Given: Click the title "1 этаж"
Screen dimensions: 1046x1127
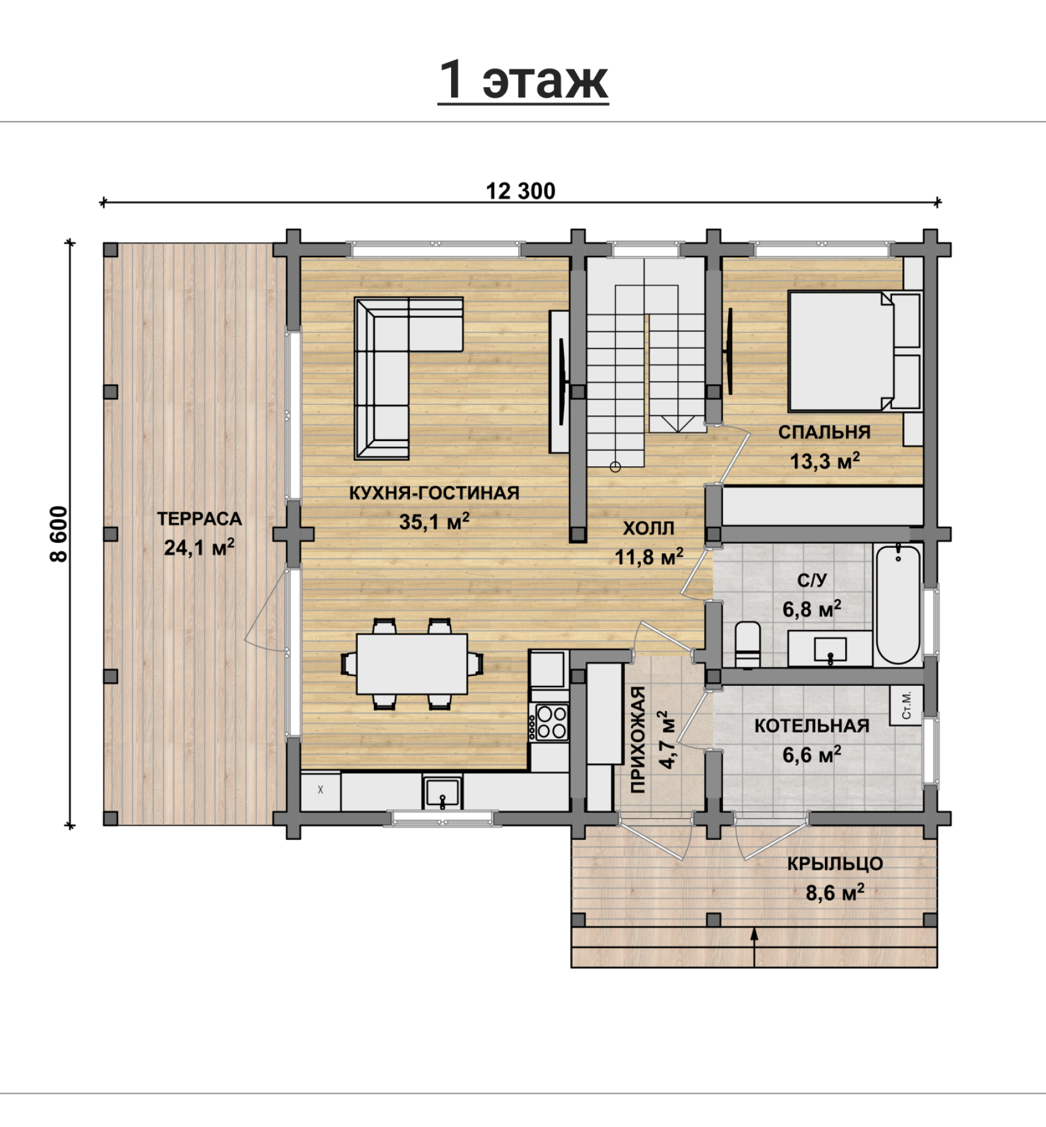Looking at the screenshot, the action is click(x=523, y=80).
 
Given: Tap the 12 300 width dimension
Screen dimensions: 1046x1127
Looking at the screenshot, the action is click(x=521, y=191).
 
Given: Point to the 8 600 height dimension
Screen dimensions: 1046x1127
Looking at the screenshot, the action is click(x=58, y=534).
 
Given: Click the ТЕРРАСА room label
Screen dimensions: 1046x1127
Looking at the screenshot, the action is click(x=200, y=518).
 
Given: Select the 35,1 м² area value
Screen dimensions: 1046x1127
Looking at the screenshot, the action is click(x=435, y=521).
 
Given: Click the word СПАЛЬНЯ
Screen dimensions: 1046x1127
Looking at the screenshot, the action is click(x=824, y=432).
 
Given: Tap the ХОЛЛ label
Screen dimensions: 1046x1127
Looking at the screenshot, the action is click(x=649, y=528).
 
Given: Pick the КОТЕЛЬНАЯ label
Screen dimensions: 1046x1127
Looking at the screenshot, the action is click(x=812, y=726).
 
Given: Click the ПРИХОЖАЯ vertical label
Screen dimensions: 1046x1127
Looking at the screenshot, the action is click(x=638, y=739).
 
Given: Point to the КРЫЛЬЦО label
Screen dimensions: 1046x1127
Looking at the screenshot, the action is click(x=835, y=864).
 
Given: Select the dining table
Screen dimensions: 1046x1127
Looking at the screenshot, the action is click(x=412, y=664).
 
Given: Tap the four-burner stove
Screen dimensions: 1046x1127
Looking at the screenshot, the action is click(x=551, y=722).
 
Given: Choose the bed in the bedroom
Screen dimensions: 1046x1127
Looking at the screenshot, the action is click(x=854, y=351).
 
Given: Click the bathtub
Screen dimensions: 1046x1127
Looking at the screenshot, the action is click(x=898, y=604).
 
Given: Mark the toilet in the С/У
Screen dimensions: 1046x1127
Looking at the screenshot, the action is click(x=748, y=644).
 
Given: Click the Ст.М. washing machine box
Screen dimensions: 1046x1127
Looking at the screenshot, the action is click(x=907, y=705).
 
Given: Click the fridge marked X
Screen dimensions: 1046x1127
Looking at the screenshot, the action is click(x=320, y=790).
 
